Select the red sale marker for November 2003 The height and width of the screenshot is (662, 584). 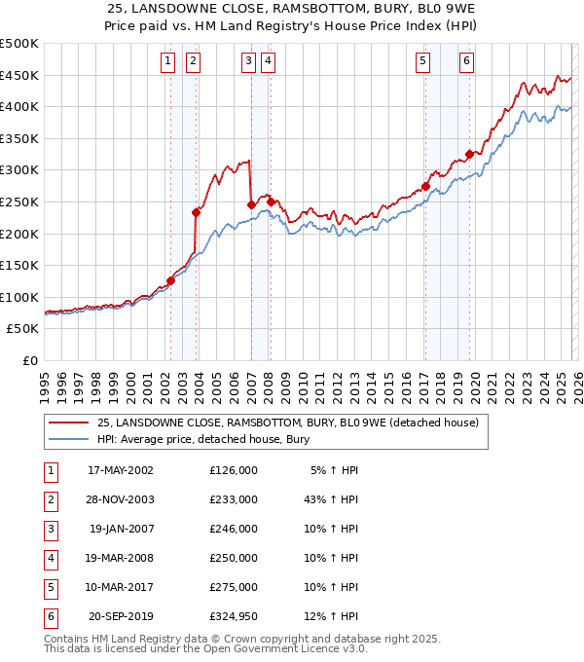click(x=197, y=212)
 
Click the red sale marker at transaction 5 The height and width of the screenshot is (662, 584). click(x=425, y=186)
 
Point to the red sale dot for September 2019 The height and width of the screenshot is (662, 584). click(x=469, y=154)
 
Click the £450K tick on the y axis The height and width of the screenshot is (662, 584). click(x=19, y=75)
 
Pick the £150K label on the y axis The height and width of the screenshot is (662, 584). click(x=19, y=265)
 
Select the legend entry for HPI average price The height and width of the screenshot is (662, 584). click(x=202, y=440)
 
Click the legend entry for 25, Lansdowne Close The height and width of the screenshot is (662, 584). click(x=287, y=423)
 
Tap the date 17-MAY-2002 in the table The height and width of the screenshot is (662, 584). click(x=120, y=470)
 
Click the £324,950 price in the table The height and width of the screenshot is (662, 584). click(x=234, y=616)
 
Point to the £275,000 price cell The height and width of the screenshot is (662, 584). click(x=234, y=587)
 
